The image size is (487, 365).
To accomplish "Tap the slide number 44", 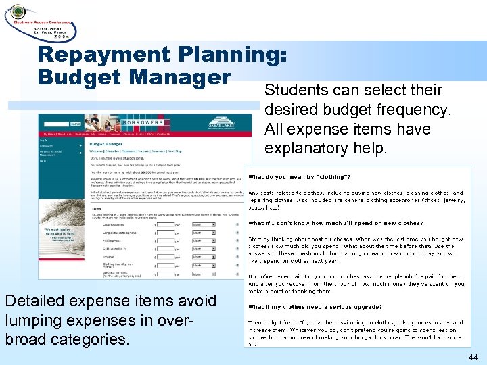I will (x=471, y=356).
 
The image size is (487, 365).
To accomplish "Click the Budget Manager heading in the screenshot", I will (x=106, y=144).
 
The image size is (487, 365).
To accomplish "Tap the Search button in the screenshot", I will (x=75, y=124).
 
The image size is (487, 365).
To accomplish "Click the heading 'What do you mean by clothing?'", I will (x=299, y=178).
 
